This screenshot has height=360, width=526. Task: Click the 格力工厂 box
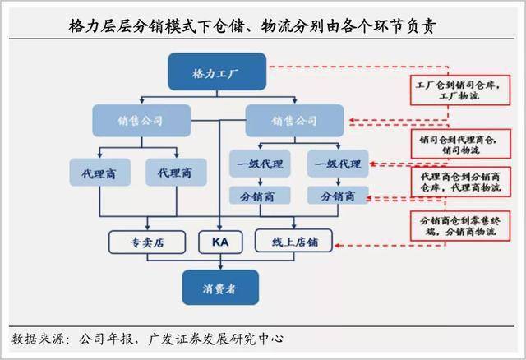(x=217, y=72)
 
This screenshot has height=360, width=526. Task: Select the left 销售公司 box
(x=141, y=121)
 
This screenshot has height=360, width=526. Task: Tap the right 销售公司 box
(x=294, y=121)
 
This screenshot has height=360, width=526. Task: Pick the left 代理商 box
(x=100, y=173)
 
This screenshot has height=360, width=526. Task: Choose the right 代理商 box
(x=176, y=173)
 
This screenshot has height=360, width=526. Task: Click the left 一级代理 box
(x=260, y=164)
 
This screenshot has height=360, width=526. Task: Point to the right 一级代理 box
(x=338, y=164)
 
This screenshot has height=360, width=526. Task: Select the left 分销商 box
(x=260, y=196)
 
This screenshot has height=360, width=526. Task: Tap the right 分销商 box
(x=338, y=196)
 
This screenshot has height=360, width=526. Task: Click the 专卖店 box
(x=147, y=242)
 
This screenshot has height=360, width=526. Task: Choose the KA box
(x=220, y=242)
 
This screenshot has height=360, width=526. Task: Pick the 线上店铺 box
(x=293, y=241)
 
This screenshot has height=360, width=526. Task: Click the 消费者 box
(x=220, y=288)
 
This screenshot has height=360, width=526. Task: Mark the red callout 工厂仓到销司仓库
(x=460, y=90)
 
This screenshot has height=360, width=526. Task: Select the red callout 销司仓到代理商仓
(x=461, y=144)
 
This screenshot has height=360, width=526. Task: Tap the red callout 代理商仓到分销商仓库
(x=461, y=182)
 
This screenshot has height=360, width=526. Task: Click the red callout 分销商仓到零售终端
(x=460, y=226)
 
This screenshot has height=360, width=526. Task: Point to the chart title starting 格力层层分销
(x=252, y=25)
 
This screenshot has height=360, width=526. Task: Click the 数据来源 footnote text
(x=147, y=339)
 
